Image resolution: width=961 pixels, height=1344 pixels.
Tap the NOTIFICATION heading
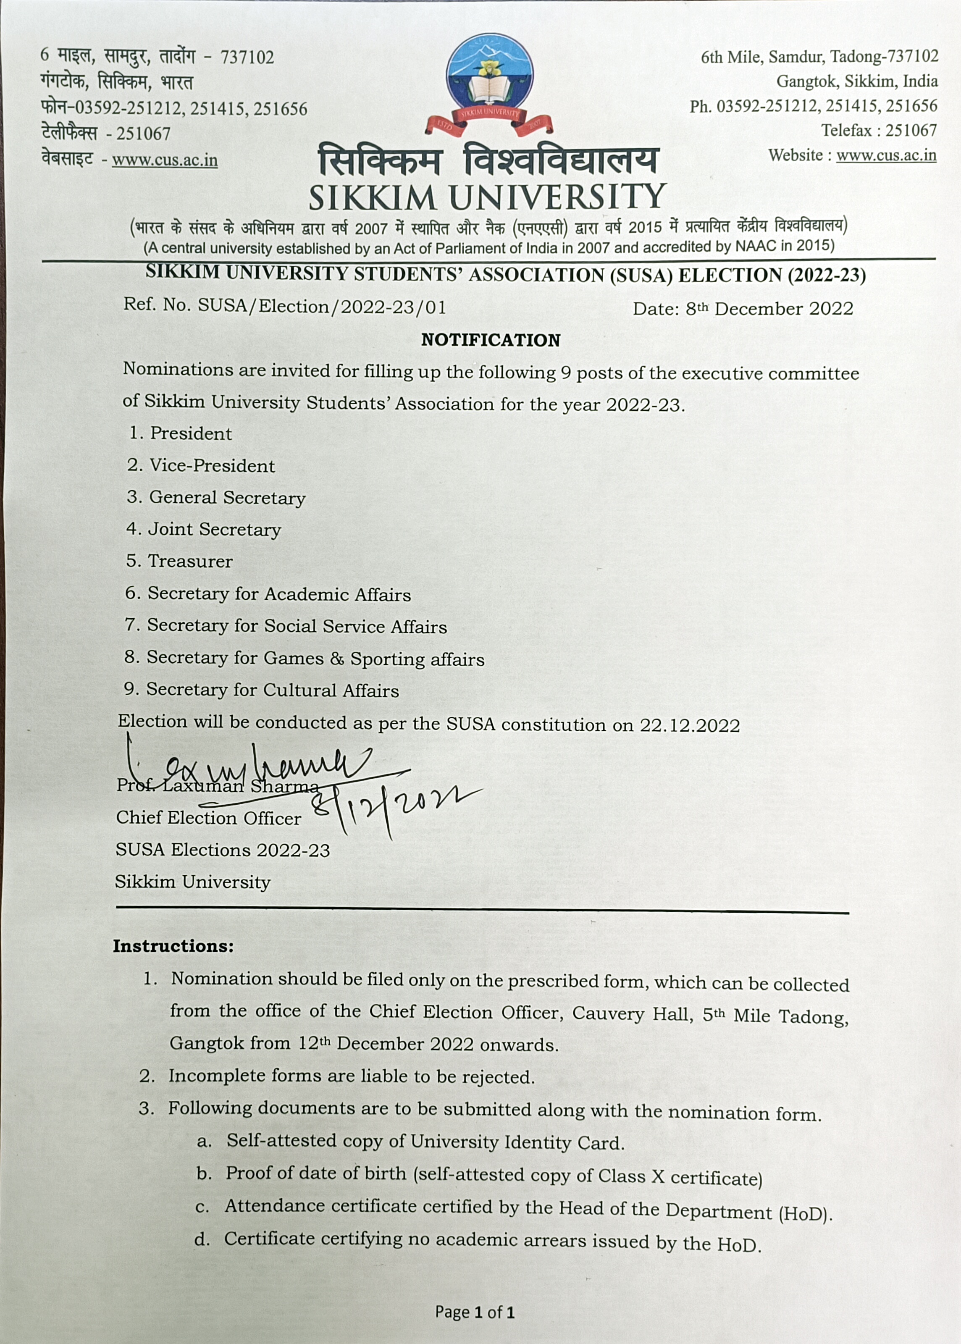pos(491,340)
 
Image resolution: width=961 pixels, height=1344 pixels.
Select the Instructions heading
pos(173,946)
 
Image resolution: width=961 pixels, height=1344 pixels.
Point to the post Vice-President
pos(212,465)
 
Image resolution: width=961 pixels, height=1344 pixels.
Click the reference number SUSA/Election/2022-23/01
pos(321,307)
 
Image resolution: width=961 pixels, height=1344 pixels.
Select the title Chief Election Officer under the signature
pos(208,818)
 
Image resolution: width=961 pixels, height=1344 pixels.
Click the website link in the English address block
pos(886,155)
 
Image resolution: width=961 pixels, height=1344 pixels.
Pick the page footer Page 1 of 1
pos(475,1312)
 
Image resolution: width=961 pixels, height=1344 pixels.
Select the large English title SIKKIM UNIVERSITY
pos(487,197)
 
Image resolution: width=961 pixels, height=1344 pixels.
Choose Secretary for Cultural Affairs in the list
pos(272,690)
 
